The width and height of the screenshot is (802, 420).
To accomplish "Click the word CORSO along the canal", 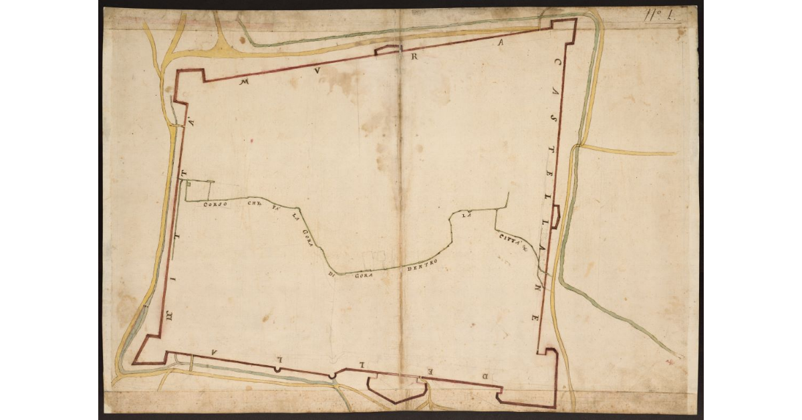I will [x=216, y=204].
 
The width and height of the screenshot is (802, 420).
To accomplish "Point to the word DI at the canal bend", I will [x=331, y=274].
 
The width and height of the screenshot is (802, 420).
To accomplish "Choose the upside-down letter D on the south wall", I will [x=487, y=377].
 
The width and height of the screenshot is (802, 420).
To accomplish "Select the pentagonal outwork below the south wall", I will [x=396, y=390].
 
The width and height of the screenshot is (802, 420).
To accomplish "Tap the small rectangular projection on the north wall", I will [x=388, y=50].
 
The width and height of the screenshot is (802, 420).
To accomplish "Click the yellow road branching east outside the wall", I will [x=628, y=151].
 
